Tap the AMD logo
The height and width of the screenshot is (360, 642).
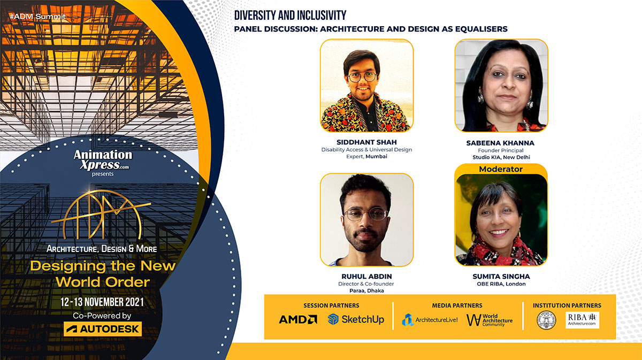297,319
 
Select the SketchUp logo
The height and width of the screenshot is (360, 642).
356,319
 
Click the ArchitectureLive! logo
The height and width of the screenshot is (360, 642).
430,320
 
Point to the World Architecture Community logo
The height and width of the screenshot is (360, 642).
489,320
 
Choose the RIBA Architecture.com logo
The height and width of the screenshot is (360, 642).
583,320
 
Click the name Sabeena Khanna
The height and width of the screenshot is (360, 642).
501,143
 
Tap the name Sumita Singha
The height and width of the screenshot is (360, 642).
501,277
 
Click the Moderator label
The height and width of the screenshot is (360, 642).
501,169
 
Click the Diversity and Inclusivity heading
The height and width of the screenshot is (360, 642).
291,15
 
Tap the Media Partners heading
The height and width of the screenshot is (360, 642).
457,305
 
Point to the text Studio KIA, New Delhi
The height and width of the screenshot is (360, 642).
501,157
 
